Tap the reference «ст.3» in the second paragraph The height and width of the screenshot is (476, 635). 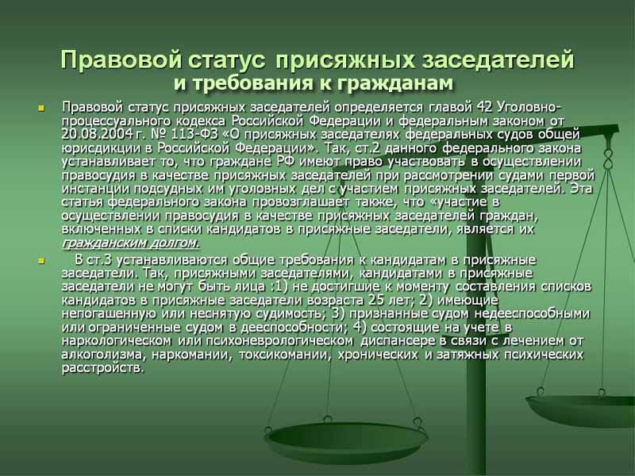[x=105, y=259]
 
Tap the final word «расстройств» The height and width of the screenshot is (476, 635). [x=102, y=367]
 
